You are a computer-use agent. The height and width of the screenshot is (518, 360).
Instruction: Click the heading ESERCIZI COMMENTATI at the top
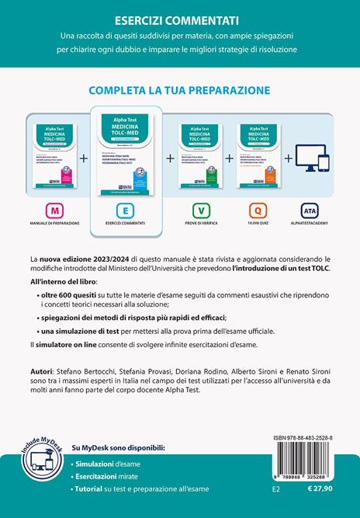tap(179, 19)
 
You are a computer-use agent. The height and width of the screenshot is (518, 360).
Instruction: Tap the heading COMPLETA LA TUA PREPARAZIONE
tap(179, 89)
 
